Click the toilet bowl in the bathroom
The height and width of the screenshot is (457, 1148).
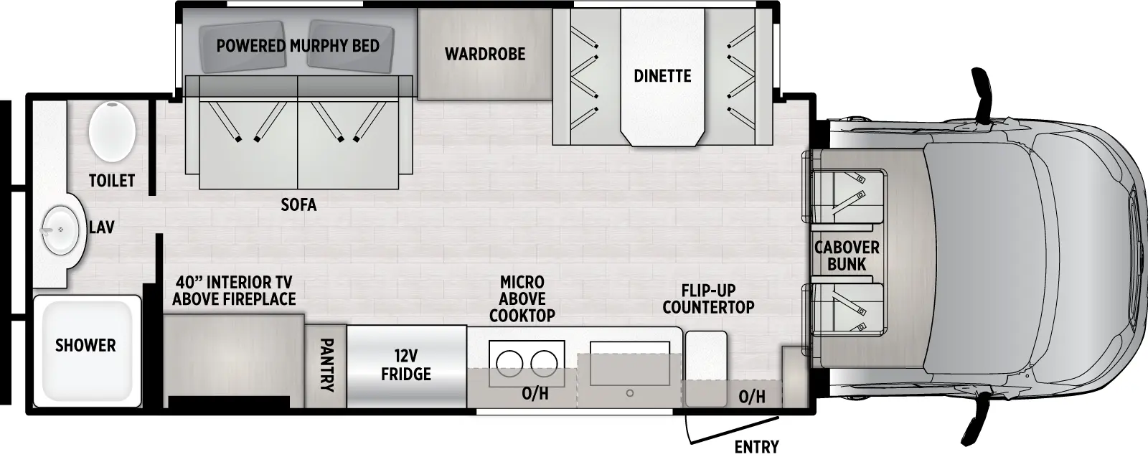[x=113, y=131]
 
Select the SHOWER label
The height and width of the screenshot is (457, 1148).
[x=85, y=345]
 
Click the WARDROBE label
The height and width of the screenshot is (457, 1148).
[x=485, y=54]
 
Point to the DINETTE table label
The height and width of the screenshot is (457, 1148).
[x=662, y=75]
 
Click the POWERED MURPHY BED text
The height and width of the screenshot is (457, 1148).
[x=298, y=46]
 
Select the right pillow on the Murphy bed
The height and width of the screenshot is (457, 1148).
[x=351, y=49]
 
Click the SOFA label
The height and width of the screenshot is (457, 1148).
[x=298, y=204]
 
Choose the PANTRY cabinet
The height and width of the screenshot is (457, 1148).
[x=326, y=366]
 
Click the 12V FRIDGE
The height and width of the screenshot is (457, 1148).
[x=406, y=365]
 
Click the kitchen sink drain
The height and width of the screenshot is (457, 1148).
[x=629, y=393]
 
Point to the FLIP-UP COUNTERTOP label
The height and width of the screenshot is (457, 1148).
[x=708, y=298]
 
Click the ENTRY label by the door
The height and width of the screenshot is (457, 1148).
[x=756, y=447]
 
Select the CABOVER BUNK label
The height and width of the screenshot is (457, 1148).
[x=847, y=255]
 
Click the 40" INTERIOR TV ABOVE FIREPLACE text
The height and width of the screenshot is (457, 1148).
[x=234, y=291]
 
